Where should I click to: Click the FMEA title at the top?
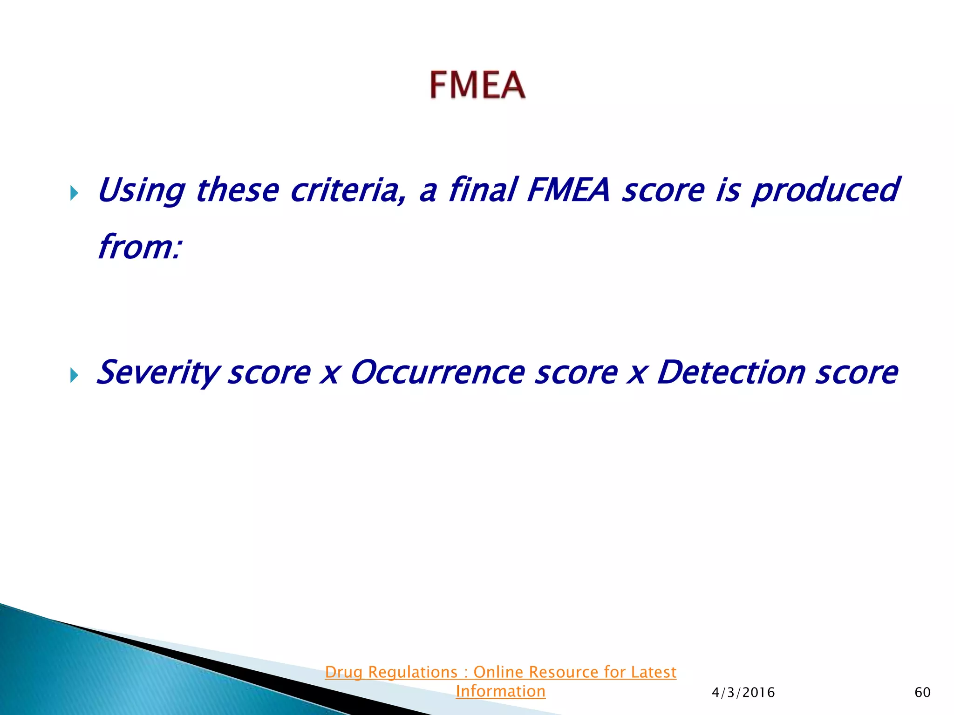(x=477, y=85)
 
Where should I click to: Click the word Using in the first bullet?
(x=141, y=190)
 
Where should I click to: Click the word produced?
(x=825, y=190)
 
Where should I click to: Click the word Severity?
(x=157, y=373)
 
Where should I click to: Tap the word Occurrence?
(x=438, y=373)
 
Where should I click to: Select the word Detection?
(x=731, y=373)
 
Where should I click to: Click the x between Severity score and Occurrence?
(x=330, y=374)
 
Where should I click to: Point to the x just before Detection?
(x=637, y=374)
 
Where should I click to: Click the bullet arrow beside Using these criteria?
(x=74, y=193)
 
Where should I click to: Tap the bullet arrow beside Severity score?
(x=74, y=375)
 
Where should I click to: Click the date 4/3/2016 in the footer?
(x=743, y=693)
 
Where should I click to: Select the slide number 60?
(x=922, y=692)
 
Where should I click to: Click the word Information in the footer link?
(x=500, y=691)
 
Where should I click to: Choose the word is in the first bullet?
(x=728, y=190)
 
